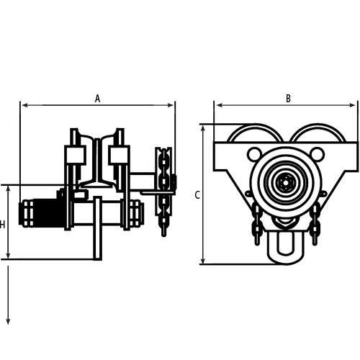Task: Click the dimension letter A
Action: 97,99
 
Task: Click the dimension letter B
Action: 288,99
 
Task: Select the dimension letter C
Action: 197,194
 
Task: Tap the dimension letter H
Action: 3,225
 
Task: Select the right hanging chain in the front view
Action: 315,220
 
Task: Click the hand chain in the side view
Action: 164,191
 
